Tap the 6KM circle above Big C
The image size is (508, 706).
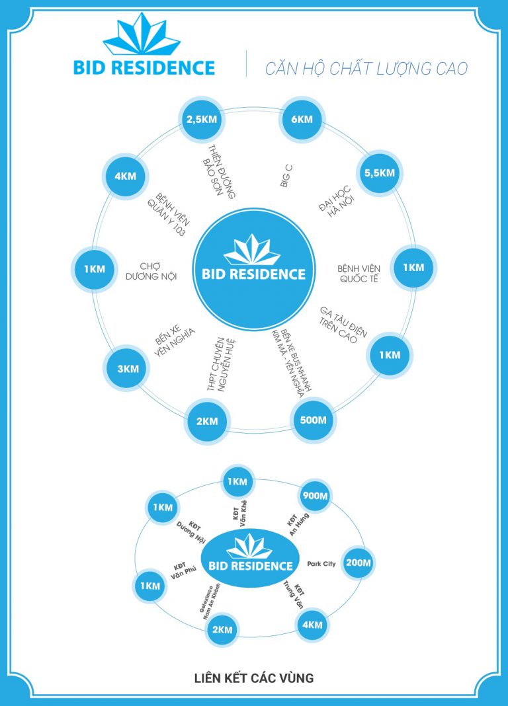[x=302, y=119]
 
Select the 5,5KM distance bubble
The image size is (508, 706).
[x=379, y=173]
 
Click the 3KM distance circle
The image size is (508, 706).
[x=128, y=368]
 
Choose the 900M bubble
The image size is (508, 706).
[x=314, y=496]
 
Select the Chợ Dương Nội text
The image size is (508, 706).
[x=151, y=271]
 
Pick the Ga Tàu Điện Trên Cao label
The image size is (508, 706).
[x=343, y=324]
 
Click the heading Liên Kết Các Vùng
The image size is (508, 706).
[x=254, y=678]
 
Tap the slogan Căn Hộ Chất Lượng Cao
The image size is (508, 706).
[x=366, y=68]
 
